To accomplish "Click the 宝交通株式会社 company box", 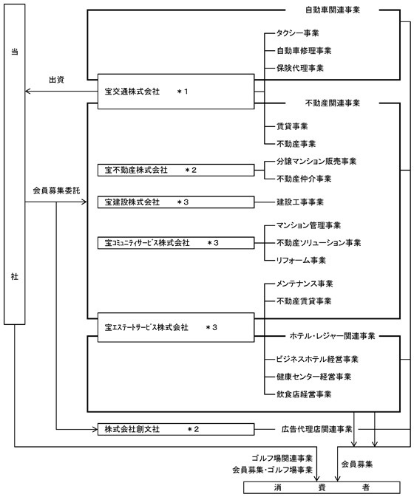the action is [176, 92].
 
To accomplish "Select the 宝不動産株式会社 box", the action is [176, 170].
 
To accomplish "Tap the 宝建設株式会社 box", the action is [176, 202].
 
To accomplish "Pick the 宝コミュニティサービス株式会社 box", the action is [176, 243].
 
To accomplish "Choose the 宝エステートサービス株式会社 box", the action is [176, 327].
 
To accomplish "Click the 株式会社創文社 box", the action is [176, 429].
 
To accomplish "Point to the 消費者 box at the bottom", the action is [322, 487].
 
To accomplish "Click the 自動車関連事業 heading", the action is [333, 10].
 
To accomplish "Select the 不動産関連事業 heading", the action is [333, 103].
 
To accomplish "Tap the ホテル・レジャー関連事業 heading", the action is [332, 336].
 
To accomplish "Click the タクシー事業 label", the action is [298, 33].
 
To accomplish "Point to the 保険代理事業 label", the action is [300, 68].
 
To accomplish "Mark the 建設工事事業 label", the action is [300, 202].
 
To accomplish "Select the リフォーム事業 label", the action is [301, 260].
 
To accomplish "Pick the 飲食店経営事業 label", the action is [304, 394].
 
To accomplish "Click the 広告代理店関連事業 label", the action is [316, 429].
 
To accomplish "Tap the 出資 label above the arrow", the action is [56, 80].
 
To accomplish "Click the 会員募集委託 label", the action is [56, 191].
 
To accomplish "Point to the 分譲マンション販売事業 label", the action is [316, 161].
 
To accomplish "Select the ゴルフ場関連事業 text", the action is [282, 458].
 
